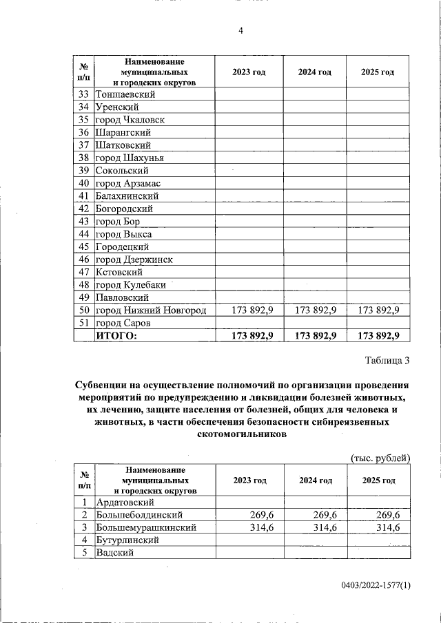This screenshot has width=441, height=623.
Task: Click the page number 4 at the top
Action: tap(240, 30)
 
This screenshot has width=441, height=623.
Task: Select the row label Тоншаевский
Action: tap(125, 94)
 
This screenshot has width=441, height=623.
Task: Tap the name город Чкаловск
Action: tap(130, 120)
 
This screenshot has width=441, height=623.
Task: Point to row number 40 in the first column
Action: tap(84, 183)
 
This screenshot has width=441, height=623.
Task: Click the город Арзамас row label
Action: tap(128, 183)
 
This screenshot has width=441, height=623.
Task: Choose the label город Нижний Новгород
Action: tap(151, 310)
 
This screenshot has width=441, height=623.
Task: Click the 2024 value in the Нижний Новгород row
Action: tap(315, 310)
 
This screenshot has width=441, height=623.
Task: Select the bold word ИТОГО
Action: tap(117, 335)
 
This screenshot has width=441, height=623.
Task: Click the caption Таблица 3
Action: tap(387, 360)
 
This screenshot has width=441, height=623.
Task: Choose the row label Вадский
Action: tap(114, 553)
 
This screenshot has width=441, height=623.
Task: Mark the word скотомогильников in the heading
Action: tap(240, 435)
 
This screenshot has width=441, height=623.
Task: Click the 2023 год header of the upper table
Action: tap(249, 72)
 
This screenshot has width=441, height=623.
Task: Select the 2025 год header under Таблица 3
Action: tap(378, 481)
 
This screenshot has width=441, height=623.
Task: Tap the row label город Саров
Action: tap(123, 323)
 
